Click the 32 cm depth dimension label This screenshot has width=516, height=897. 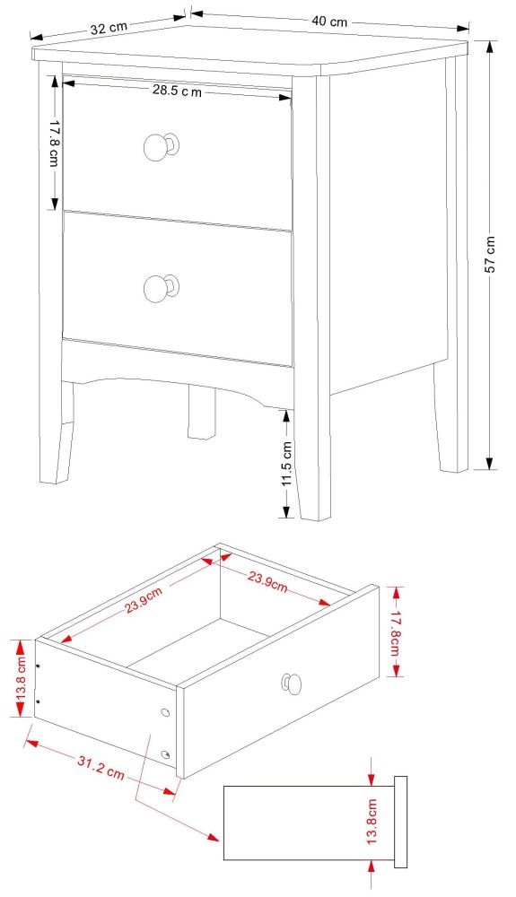(109, 28)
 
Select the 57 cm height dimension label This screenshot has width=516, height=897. (490, 255)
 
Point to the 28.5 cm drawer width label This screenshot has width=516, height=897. (177, 91)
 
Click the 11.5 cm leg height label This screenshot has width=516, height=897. (287, 464)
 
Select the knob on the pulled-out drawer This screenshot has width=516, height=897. (291, 684)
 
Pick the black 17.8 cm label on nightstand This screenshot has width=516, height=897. (54, 144)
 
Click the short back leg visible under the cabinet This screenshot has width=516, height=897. (200, 412)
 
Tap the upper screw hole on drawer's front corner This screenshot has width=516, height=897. (164, 712)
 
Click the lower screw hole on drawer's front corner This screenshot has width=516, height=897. (167, 754)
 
